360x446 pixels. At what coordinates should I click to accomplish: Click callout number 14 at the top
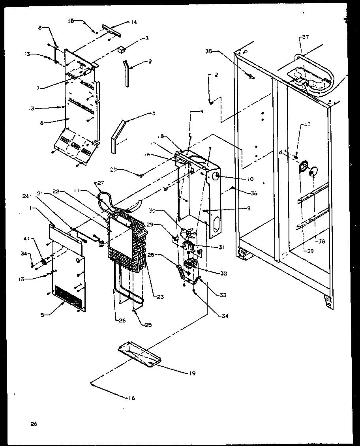pos(134,22)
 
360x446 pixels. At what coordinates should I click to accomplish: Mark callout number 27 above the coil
pos(100,182)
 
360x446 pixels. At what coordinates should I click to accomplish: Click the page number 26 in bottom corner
pos(33,424)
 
